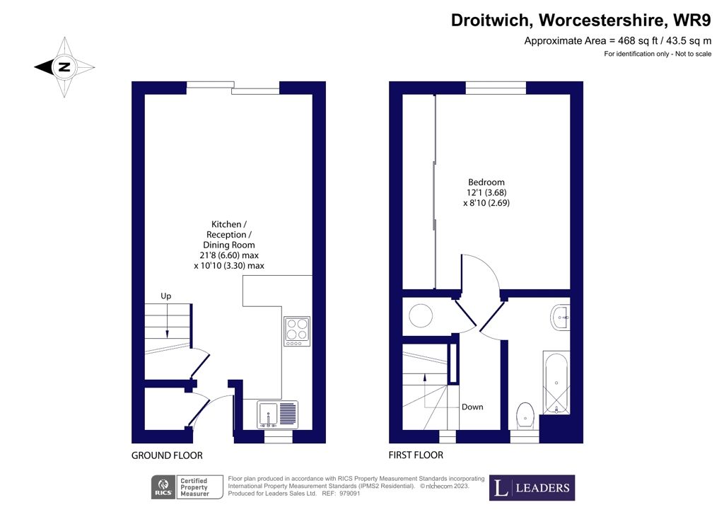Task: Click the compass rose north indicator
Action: click(x=64, y=67)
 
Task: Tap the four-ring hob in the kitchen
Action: click(x=297, y=331)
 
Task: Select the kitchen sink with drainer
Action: click(x=279, y=414)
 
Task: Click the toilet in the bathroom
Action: click(x=526, y=416)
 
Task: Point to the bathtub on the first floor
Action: click(x=556, y=382)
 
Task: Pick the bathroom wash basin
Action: click(x=561, y=318)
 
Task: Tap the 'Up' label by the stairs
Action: click(x=165, y=296)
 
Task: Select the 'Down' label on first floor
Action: click(x=472, y=407)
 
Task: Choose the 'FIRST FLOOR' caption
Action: click(x=416, y=455)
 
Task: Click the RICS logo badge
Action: click(x=165, y=487)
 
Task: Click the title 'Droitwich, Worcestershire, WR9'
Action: click(x=581, y=21)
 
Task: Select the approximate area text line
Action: click(x=617, y=41)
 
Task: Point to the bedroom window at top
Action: click(x=496, y=87)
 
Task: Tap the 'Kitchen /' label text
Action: click(x=226, y=224)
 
